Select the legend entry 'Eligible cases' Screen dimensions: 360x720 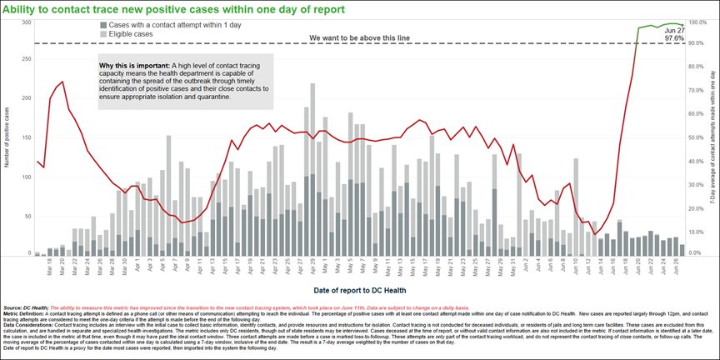[128, 35]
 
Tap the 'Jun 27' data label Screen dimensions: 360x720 [674, 28]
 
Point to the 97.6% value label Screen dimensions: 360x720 [674, 36]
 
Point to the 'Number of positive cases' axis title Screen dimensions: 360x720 [7, 137]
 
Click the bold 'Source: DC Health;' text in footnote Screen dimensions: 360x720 [24, 307]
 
